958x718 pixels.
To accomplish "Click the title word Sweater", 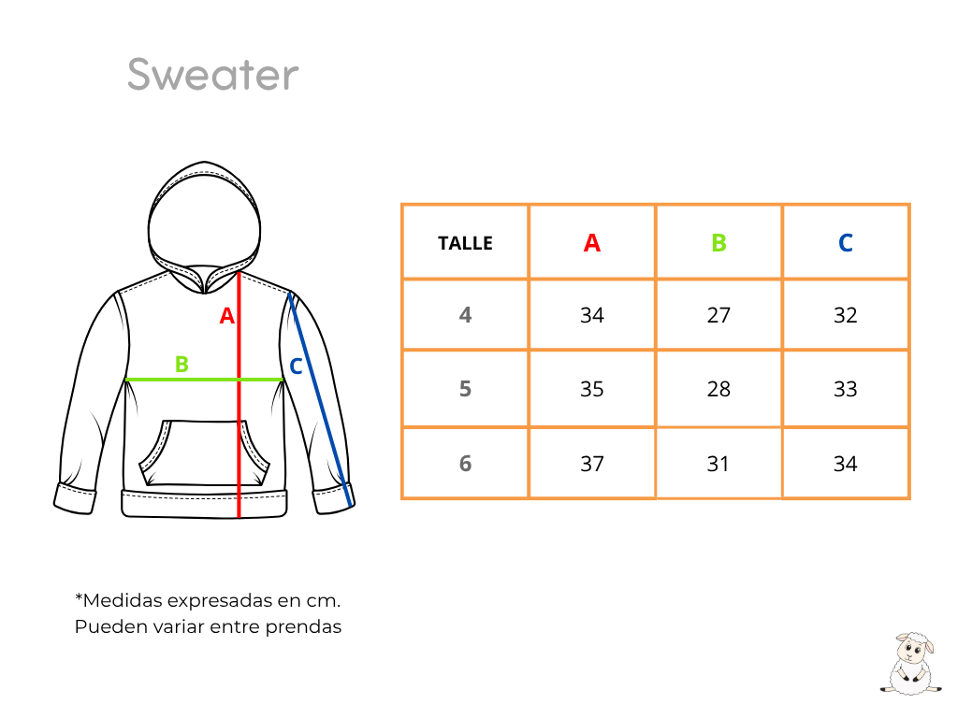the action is point(212,75).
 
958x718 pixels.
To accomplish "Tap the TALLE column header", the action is point(465,243).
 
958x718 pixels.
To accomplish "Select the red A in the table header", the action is point(591,243).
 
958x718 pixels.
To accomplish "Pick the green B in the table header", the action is point(718,243).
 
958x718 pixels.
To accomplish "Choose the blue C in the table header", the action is point(846,243).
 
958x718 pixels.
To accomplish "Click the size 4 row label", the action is point(465,315).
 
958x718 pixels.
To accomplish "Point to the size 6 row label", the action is point(465,464).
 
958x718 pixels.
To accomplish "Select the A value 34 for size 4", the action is point(591,315).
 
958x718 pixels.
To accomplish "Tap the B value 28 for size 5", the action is point(718,389).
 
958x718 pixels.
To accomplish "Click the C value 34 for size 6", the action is point(846,464).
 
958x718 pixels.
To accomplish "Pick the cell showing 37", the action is point(591,464).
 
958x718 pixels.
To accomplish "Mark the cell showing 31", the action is point(718,464).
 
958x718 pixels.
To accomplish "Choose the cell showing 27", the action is point(718,315).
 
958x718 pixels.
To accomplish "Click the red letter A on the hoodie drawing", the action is point(226,316).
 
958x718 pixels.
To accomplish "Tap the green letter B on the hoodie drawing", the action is point(181,365).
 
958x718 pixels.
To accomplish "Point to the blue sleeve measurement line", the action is point(320,400).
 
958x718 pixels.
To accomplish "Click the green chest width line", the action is point(205,380).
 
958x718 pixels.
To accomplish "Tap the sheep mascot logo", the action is point(911,664).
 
